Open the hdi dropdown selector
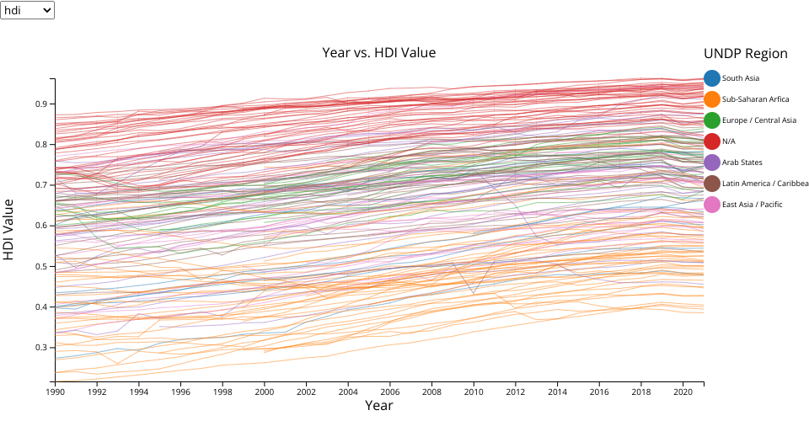point(28,10)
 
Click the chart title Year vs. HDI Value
point(378,52)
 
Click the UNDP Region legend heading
point(745,54)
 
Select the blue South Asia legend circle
point(712,78)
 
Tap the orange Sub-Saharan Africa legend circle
point(712,99)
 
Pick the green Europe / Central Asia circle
point(712,120)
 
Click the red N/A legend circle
point(712,141)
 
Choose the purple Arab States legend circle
point(712,163)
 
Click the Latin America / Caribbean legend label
point(765,184)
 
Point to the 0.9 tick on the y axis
point(40,104)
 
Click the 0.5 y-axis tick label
point(40,266)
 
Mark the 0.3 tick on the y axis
point(40,347)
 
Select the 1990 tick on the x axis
point(56,392)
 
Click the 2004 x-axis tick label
point(348,392)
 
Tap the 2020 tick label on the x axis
point(683,392)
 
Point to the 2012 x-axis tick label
point(516,392)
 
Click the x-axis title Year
point(378,406)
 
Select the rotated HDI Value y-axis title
point(9,229)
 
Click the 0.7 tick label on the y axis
point(40,185)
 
